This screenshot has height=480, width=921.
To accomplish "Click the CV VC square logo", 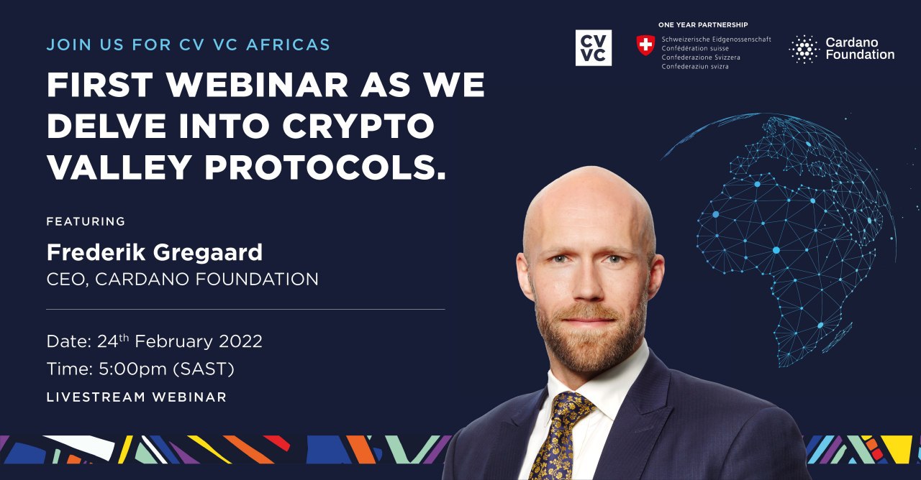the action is point(594,47).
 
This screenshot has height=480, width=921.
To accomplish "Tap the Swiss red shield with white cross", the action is point(645,45).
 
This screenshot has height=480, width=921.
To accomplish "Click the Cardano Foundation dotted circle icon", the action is point(804,49).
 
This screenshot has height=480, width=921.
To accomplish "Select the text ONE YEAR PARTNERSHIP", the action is point(703,24).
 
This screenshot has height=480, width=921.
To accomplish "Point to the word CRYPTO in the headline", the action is point(358,126).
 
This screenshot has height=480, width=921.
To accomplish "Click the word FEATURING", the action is point(86,221).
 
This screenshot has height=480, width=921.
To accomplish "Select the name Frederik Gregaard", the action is point(155,252).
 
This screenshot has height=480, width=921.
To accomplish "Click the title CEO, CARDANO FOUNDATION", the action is point(183,280).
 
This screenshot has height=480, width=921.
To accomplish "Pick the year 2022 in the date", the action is point(240,341).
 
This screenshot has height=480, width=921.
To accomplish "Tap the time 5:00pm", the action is point(132,369).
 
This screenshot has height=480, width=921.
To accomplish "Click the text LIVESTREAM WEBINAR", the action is point(137,397).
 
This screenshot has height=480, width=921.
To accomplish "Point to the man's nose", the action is point(589,283).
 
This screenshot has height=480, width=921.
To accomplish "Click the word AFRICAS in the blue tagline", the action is point(289,45).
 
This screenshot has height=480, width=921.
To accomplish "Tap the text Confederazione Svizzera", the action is point(701,57).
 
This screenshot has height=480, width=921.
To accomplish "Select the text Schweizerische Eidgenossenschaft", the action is point(716,40).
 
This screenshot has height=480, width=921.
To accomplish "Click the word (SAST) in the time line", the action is point(204,369).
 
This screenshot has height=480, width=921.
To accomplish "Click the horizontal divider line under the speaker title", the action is point(245,309).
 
